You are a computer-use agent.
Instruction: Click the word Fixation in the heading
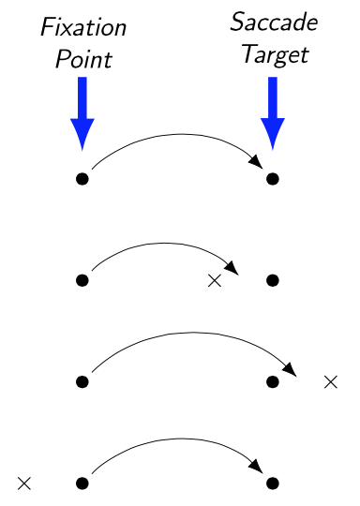[x=83, y=28]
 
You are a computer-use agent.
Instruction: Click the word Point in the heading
[x=83, y=61]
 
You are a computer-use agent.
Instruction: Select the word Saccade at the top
[x=274, y=22]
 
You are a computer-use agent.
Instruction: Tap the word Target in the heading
[x=274, y=54]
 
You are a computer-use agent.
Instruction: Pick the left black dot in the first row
[x=82, y=179]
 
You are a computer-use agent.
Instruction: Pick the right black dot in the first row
[x=273, y=179]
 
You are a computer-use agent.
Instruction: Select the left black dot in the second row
[x=82, y=280]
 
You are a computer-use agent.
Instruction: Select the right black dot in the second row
[x=273, y=280]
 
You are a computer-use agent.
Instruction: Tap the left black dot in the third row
[x=82, y=381]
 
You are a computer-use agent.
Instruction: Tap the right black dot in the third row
[x=273, y=381]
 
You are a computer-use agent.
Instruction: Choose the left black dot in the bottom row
[x=82, y=484]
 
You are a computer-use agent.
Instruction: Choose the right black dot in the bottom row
[x=273, y=484]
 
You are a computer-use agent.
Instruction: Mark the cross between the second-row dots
[x=214, y=280]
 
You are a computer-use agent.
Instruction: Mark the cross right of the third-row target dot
[x=330, y=381]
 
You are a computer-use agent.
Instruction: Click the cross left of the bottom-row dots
[x=25, y=484]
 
